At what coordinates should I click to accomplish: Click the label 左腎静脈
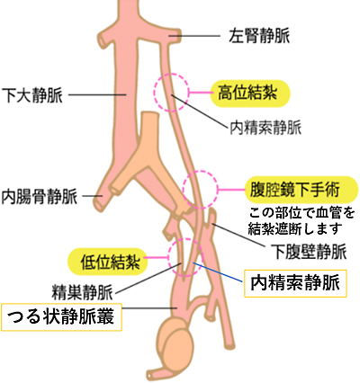point(259,36)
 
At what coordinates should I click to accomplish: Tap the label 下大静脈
point(32,95)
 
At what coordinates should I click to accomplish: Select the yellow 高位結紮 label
point(250,94)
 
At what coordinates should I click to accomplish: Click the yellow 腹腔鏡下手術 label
point(301,190)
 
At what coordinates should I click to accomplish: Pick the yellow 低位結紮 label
point(108,263)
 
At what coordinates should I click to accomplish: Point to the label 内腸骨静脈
point(40,196)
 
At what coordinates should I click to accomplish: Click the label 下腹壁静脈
point(309,251)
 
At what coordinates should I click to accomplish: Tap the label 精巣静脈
point(82,292)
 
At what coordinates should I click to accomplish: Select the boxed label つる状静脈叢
point(61,317)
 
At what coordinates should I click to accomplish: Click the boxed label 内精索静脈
point(295,283)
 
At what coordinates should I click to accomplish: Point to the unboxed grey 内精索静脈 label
point(265,128)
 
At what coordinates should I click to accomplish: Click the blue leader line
point(217,272)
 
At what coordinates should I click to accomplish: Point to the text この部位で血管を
point(301,213)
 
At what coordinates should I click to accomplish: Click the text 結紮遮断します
point(295,229)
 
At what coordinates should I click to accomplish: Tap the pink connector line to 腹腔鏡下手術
point(231,190)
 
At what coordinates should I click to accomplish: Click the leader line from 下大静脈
point(97,95)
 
